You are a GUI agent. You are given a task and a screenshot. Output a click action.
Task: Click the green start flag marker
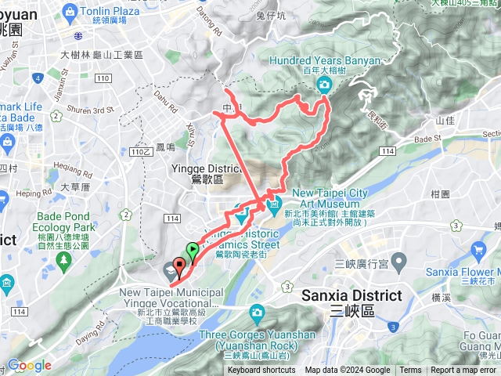(193, 250)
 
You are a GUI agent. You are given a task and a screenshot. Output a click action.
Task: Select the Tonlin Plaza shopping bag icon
(71, 11)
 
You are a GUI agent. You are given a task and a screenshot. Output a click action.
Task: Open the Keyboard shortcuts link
(261, 371)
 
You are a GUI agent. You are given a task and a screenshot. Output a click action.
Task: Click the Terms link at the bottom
(410, 371)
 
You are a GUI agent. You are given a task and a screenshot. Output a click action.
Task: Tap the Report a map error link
(463, 371)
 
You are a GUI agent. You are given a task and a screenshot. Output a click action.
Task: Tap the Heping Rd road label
(33, 193)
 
